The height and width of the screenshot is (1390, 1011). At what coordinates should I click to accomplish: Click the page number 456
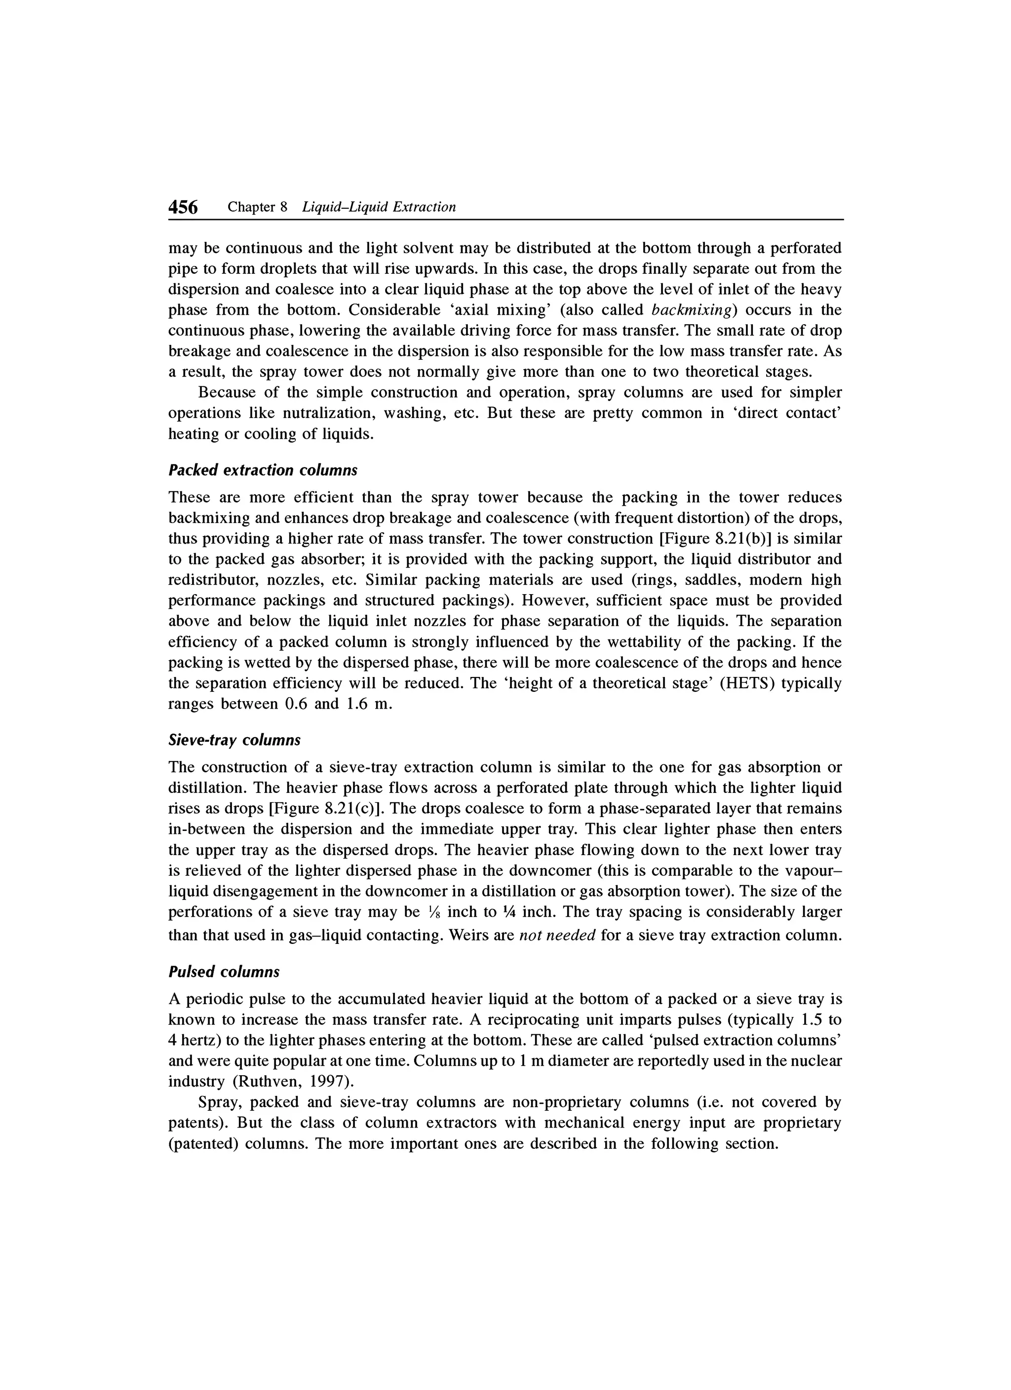pos(183,207)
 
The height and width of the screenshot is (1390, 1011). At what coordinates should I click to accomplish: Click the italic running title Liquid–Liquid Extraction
pos(379,207)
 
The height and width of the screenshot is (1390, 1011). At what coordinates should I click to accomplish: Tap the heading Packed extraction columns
pos(263,470)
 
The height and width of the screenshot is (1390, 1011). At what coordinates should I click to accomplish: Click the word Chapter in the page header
pos(251,207)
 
